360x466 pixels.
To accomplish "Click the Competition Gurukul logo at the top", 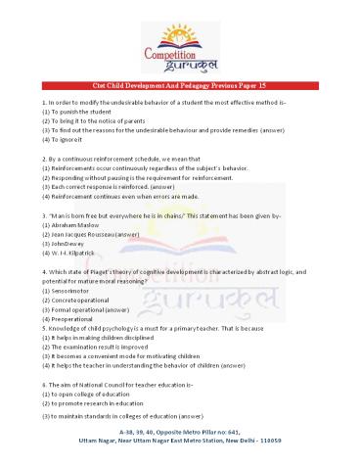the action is coord(179,43).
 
